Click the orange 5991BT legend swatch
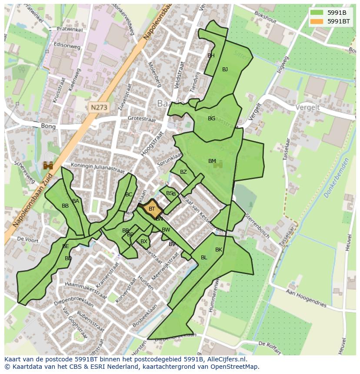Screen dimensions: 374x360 pos(317,21)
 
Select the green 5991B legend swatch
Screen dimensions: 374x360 pos(317,12)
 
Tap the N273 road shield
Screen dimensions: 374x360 pos(99,106)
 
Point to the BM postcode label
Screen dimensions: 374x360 pos(212,161)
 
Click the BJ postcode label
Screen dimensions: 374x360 pos(225,70)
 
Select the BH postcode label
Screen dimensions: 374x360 pos(211,56)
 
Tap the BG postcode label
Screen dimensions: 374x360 pos(211,119)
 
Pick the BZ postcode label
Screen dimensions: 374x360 pos(183,172)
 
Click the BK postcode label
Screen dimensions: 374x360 pos(219,250)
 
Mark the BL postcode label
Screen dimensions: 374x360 pos(204,258)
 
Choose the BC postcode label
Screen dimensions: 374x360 pos(129,195)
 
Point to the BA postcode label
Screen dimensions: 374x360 pos(76,201)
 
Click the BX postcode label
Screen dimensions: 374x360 pos(144,242)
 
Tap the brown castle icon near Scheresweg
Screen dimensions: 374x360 pos(48,165)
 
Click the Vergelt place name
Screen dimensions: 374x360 pos(307,107)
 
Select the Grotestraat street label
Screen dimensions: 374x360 pos(141,118)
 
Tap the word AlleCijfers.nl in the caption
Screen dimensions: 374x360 pos(226,359)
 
